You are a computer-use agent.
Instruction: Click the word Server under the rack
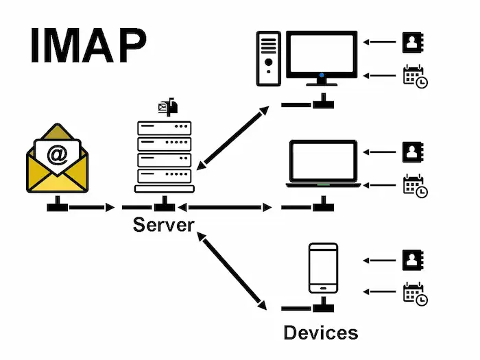pyautogui.click(x=164, y=224)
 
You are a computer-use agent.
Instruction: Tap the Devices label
pyautogui.click(x=320, y=333)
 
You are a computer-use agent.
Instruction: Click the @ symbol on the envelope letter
pyautogui.click(x=58, y=155)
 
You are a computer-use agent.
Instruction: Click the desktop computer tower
pyautogui.click(x=269, y=60)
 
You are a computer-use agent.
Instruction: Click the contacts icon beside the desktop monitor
pyautogui.click(x=411, y=43)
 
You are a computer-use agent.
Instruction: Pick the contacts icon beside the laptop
pyautogui.click(x=411, y=152)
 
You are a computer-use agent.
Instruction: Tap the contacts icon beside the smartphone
pyautogui.click(x=411, y=260)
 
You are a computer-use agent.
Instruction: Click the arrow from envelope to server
pyautogui.click(x=92, y=207)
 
